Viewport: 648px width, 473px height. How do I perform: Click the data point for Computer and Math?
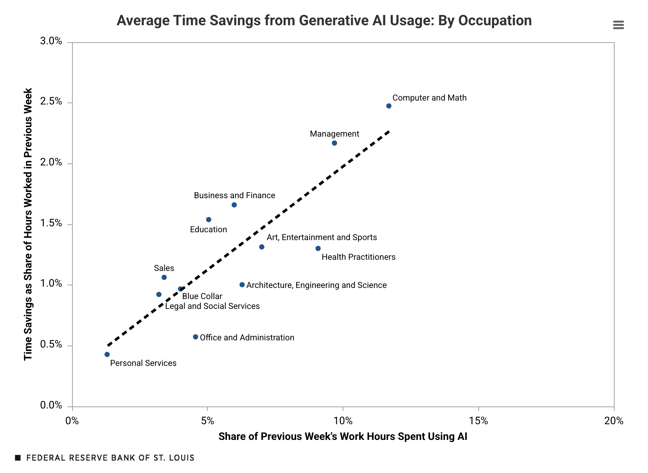[x=389, y=106]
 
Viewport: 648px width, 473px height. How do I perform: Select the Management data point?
[x=334, y=143]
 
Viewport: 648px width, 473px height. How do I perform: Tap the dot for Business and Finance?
[x=234, y=205]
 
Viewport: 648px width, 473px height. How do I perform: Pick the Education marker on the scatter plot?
[x=208, y=219]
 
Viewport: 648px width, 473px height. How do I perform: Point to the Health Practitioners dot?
[x=318, y=249]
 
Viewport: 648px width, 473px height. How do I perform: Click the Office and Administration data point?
[x=195, y=337]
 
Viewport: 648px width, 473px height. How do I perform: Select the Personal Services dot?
[x=107, y=354]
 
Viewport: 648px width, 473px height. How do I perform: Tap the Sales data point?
[x=164, y=277]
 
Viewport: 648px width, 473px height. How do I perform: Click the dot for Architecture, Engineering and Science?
[x=242, y=285]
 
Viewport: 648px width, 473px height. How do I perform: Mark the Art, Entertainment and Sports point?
[x=261, y=247]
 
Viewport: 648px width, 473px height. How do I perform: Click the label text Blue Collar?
[x=202, y=296]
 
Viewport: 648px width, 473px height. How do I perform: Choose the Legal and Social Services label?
[x=212, y=306]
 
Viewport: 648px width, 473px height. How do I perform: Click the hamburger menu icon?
[x=618, y=25]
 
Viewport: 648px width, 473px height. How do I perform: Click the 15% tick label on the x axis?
[x=478, y=421]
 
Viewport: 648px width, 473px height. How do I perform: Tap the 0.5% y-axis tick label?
[x=51, y=345]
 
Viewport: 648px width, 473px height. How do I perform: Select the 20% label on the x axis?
[x=614, y=421]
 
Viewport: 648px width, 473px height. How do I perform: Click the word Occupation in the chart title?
[x=495, y=20]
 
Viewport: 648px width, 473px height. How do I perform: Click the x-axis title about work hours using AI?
[x=343, y=437]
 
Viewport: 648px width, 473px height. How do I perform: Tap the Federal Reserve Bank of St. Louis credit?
[x=110, y=458]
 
